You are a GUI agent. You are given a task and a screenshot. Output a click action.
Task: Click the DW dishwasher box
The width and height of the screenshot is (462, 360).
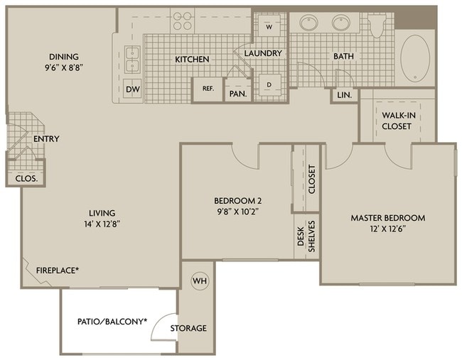click(132, 89)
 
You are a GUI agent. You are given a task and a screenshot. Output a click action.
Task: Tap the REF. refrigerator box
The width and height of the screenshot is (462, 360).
click(208, 89)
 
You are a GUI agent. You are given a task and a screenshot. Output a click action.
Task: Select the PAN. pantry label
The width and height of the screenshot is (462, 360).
click(237, 93)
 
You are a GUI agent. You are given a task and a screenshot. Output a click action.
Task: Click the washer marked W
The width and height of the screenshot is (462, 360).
click(269, 26)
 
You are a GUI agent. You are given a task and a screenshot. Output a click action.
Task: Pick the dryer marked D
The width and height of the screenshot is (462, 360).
click(269, 85)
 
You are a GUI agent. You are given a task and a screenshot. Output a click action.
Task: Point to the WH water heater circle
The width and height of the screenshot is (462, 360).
click(199, 280)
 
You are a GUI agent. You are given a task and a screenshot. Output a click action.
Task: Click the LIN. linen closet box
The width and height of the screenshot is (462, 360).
click(344, 94)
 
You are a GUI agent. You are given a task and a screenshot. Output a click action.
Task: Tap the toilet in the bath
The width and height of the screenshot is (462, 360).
click(378, 26)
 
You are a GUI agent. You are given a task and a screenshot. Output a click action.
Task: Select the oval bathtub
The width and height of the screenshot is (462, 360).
click(414, 56)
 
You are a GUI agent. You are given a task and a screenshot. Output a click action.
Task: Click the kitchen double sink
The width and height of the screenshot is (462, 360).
click(132, 59)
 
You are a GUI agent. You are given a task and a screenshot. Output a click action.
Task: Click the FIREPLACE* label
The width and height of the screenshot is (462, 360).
click(58, 270)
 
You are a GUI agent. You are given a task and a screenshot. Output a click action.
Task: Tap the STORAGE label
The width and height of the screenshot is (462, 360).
click(188, 328)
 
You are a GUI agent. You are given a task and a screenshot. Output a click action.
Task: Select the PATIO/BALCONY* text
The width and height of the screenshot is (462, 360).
click(112, 322)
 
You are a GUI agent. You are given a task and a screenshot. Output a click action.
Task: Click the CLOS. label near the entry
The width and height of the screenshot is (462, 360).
click(26, 179)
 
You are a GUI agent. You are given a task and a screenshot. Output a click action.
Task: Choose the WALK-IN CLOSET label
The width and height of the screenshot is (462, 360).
click(397, 121)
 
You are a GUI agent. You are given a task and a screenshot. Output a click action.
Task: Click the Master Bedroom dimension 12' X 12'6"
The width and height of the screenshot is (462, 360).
click(387, 229)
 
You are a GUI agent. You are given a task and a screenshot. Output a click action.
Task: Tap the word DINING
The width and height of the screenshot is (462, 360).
click(64, 57)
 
